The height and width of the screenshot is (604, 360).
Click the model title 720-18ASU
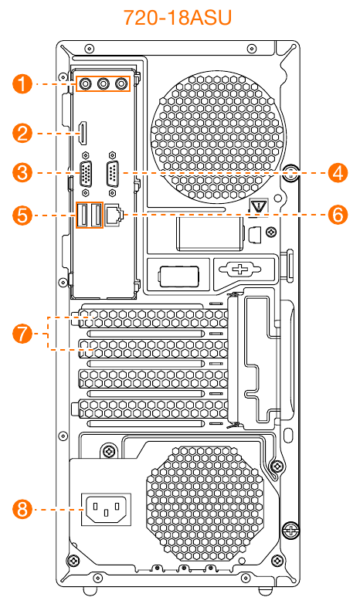pos(178,17)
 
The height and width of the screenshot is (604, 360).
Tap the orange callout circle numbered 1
pos(22,83)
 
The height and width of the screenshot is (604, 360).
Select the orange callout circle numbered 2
pos(22,134)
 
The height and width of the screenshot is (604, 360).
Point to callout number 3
pos(22,172)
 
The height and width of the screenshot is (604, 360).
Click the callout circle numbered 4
pos(338,172)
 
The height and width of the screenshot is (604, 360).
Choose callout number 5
pos(22,215)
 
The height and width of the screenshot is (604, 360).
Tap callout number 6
pos(338,215)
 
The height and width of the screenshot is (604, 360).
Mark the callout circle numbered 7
pos(22,333)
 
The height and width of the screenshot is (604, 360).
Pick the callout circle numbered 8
pos(22,509)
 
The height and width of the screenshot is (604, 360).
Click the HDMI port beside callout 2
pos(83,134)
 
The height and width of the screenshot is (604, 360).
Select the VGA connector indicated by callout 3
pos(86,175)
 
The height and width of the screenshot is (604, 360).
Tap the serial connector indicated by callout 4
pos(112,175)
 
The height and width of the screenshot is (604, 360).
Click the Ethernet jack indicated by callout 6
pos(114,215)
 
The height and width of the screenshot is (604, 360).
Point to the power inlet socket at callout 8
pos(106,510)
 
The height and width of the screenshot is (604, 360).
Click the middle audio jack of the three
pos(103,83)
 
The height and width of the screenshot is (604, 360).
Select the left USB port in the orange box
pos(83,215)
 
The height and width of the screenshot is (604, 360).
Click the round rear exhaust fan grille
pos(218,137)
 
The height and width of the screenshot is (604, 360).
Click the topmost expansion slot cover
pos(154,319)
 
